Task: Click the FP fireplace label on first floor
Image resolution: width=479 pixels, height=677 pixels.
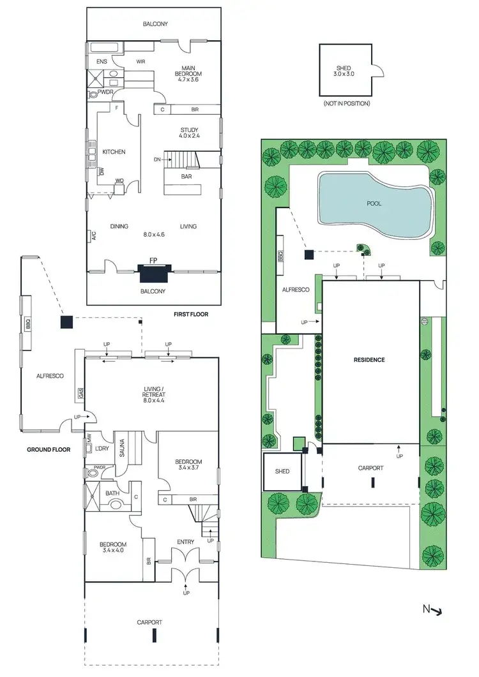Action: point(153,260)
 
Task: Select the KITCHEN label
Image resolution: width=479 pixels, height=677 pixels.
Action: point(114,152)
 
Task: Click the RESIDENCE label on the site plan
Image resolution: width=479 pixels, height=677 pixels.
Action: point(369,360)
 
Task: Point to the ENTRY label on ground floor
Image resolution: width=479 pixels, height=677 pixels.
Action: point(185,542)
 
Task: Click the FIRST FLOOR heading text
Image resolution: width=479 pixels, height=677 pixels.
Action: point(191,315)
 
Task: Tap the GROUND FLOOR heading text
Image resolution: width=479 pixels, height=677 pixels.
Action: point(48,450)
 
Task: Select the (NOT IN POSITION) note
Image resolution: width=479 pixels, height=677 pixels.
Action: point(347,103)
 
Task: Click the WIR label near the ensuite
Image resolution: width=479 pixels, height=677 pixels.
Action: point(141,62)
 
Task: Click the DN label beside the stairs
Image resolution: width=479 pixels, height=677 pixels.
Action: point(156,159)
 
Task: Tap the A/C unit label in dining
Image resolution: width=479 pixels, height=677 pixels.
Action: point(89,236)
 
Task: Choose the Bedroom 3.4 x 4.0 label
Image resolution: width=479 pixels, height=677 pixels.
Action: point(114,548)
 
